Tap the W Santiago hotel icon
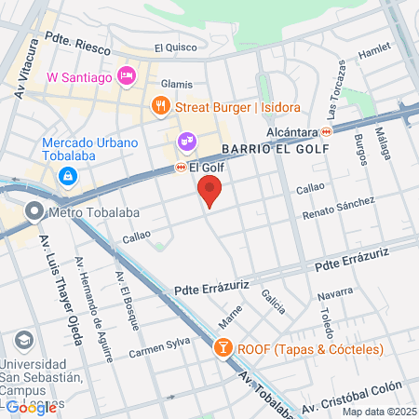(x=128, y=74)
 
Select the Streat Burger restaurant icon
(x=161, y=106)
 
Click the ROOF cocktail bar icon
(x=223, y=349)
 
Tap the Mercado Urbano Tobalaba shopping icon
(x=69, y=177)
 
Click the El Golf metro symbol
(x=181, y=168)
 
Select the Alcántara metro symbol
(x=326, y=132)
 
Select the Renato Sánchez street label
(x=338, y=208)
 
